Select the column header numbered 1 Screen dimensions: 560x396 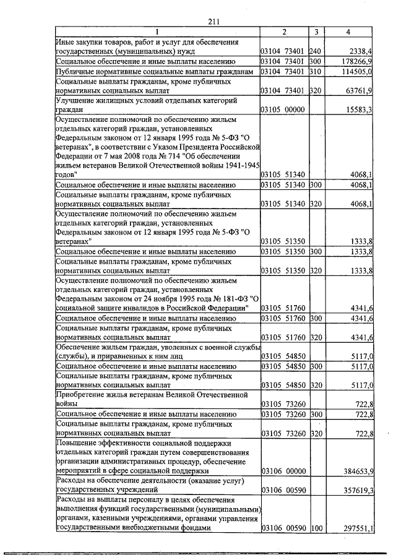click(x=157, y=32)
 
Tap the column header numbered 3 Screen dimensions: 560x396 click(x=316, y=32)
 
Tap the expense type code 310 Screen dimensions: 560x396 click(x=316, y=72)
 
